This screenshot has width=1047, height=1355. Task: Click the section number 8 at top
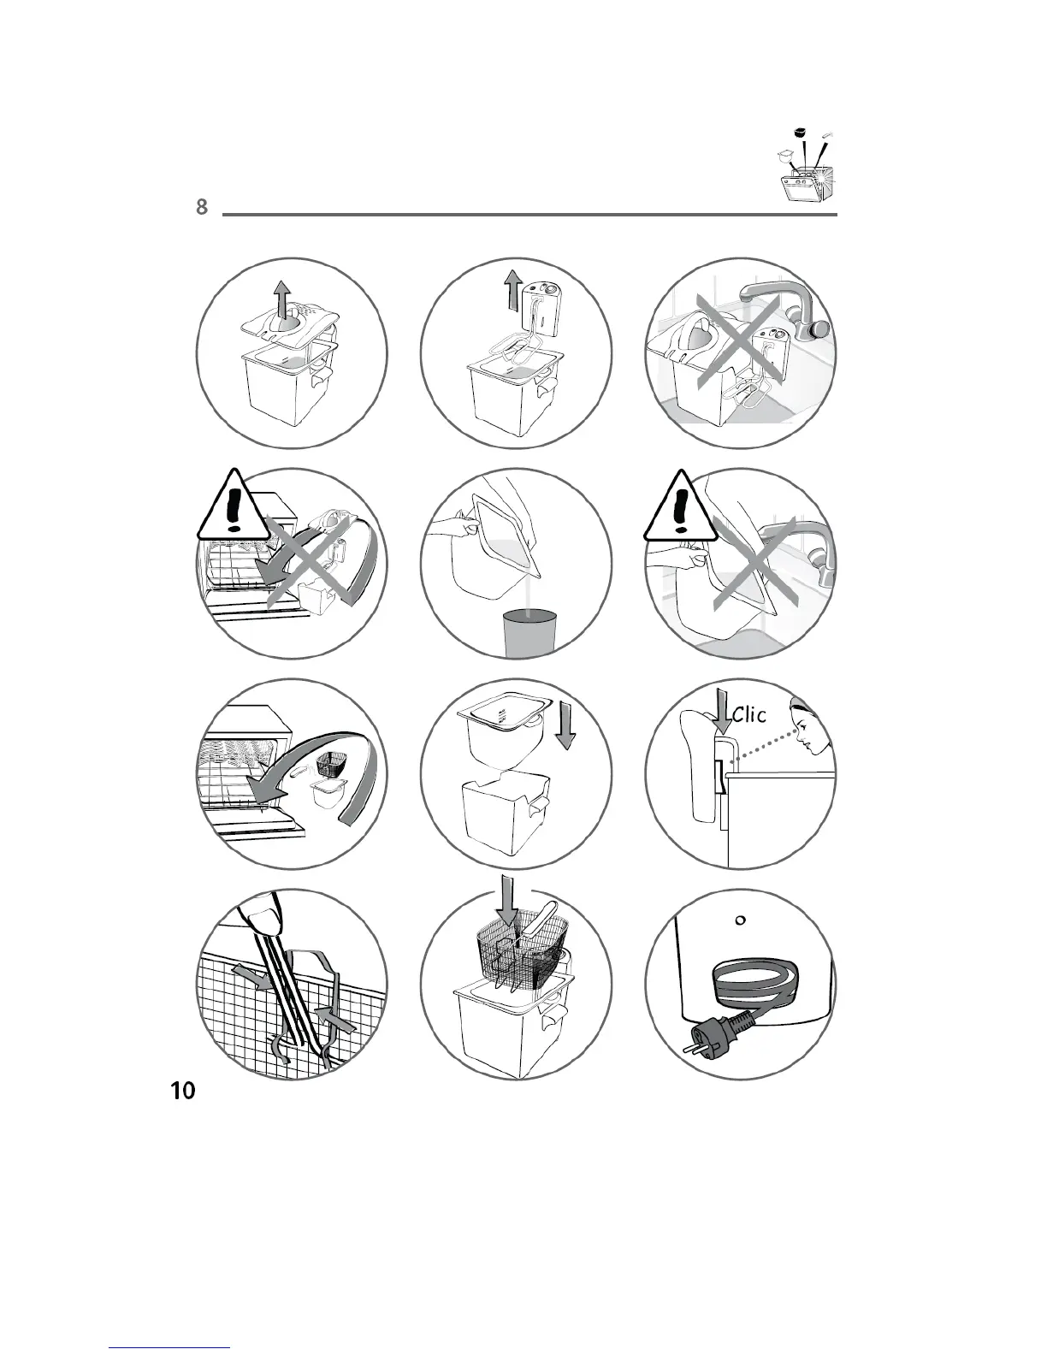202,207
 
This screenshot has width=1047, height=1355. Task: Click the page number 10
182,1092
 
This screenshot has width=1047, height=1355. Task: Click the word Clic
748,714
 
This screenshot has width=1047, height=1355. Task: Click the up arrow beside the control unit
512,292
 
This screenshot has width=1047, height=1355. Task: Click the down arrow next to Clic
721,714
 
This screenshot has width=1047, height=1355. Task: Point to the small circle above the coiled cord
741,920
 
